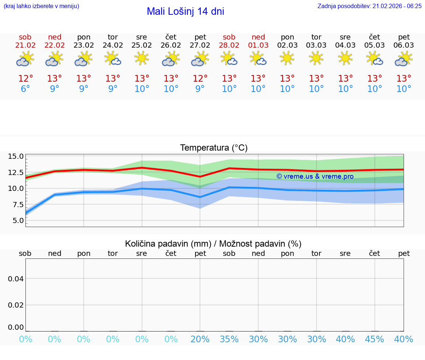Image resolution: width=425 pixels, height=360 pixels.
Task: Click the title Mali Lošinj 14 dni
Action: [185, 11]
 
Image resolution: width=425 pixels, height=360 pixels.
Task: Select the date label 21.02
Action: [25, 45]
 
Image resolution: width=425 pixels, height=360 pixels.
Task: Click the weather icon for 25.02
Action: [142, 58]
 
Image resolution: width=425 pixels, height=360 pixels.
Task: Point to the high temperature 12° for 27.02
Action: [200, 79]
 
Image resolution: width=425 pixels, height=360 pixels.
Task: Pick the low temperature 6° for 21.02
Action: [25, 89]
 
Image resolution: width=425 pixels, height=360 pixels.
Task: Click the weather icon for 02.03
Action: [287, 58]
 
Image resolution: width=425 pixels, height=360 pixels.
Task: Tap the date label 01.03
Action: [258, 45]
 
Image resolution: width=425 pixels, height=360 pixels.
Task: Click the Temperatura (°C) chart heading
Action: [214, 148]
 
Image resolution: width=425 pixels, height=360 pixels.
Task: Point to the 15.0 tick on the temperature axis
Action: [16, 156]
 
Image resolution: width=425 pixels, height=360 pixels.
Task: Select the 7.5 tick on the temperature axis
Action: [16, 204]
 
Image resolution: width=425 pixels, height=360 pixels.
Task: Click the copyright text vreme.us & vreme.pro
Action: [315, 176]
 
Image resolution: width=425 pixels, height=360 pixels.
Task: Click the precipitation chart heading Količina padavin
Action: [213, 244]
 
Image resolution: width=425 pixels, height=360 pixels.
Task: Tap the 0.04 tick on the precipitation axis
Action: [16, 279]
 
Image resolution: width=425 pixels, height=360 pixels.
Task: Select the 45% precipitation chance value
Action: [374, 339]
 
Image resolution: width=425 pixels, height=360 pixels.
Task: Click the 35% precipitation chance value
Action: [229, 339]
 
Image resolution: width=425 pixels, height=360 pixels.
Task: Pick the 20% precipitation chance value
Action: [200, 339]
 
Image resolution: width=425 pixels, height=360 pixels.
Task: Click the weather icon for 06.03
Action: [404, 58]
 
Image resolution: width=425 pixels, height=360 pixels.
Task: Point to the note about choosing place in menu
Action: [41, 6]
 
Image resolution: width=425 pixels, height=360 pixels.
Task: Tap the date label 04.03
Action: [345, 45]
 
